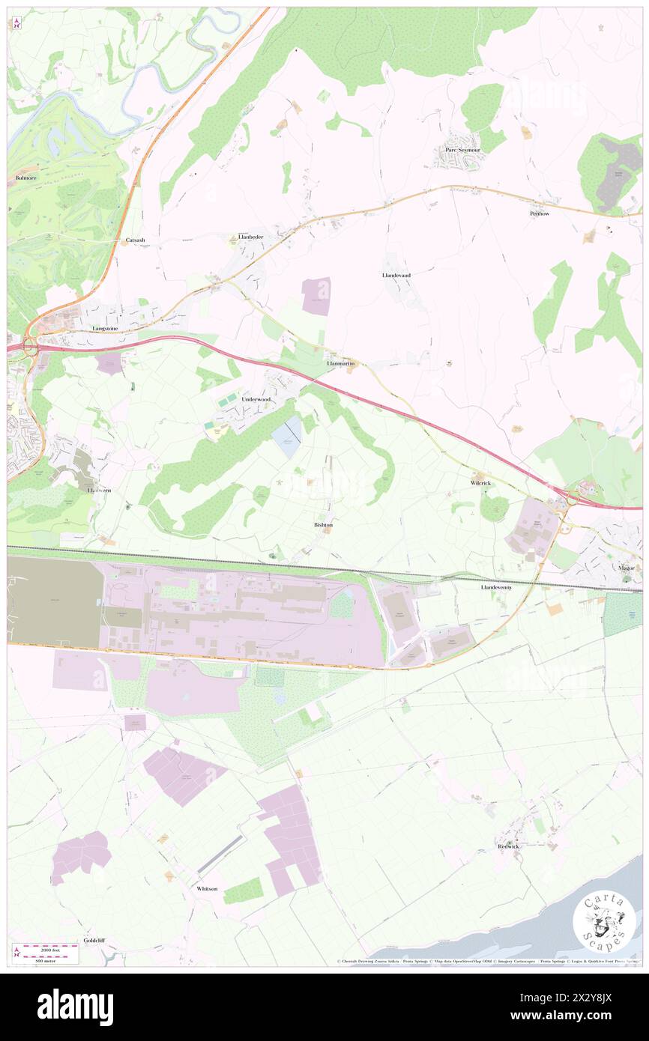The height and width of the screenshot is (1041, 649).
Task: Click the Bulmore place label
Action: [25, 178]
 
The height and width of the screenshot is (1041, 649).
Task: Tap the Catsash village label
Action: [135, 240]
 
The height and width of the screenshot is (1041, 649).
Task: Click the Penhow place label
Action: [540, 213]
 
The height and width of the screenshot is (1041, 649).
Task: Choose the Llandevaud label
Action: [396, 275]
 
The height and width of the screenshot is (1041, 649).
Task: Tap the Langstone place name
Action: [105, 328]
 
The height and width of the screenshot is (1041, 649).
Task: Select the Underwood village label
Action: [256, 400]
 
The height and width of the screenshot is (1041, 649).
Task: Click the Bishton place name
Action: [323, 525]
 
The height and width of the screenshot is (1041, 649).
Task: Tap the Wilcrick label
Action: [481, 483]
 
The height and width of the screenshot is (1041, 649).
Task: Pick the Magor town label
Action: [627, 568]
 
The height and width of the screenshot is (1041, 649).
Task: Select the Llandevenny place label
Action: [496, 588]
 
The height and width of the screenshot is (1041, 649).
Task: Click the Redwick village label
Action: [508, 846]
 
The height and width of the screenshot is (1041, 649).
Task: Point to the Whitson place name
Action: [207, 888]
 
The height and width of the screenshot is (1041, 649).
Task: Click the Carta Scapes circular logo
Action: [604, 923]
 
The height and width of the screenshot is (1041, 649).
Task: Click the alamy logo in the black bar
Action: [75, 1007]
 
